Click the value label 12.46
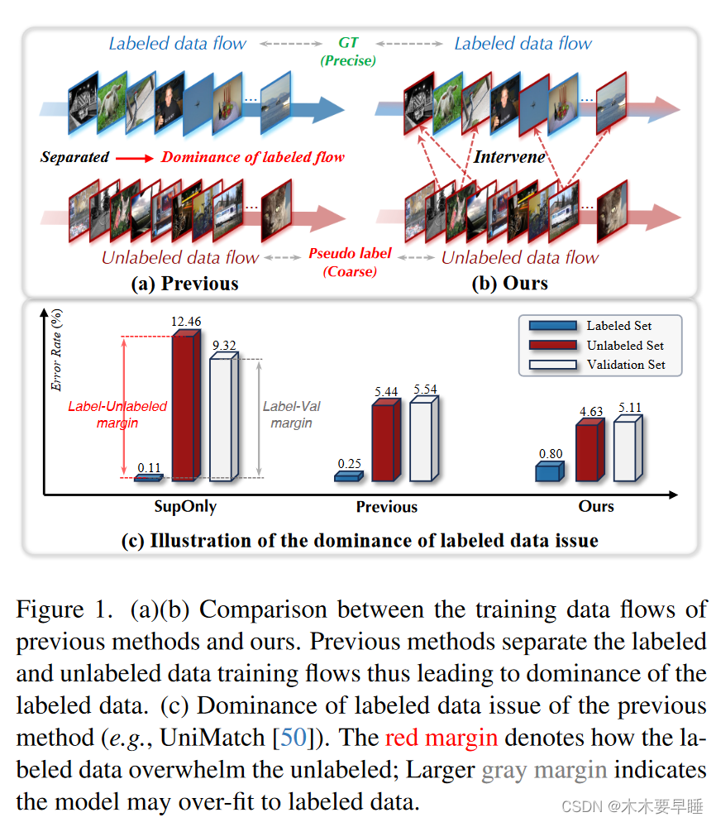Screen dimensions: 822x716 [187, 321]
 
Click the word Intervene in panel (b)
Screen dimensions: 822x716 [510, 156]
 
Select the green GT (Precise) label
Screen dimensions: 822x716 [347, 52]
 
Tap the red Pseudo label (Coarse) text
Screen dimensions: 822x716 [349, 262]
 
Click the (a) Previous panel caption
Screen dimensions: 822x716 [184, 284]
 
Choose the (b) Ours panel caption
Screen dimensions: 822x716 [509, 284]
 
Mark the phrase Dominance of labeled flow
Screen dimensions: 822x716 [252, 157]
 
